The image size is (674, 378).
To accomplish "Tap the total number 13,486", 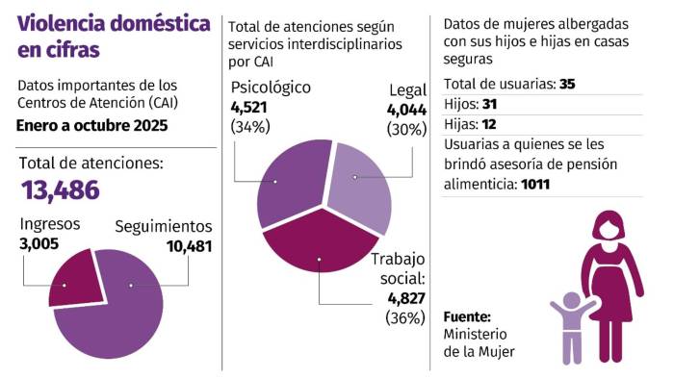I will (61, 189).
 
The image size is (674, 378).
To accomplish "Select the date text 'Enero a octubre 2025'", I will (91, 125).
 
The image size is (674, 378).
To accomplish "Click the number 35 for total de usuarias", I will (566, 84).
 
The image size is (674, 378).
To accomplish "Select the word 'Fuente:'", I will (467, 316).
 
